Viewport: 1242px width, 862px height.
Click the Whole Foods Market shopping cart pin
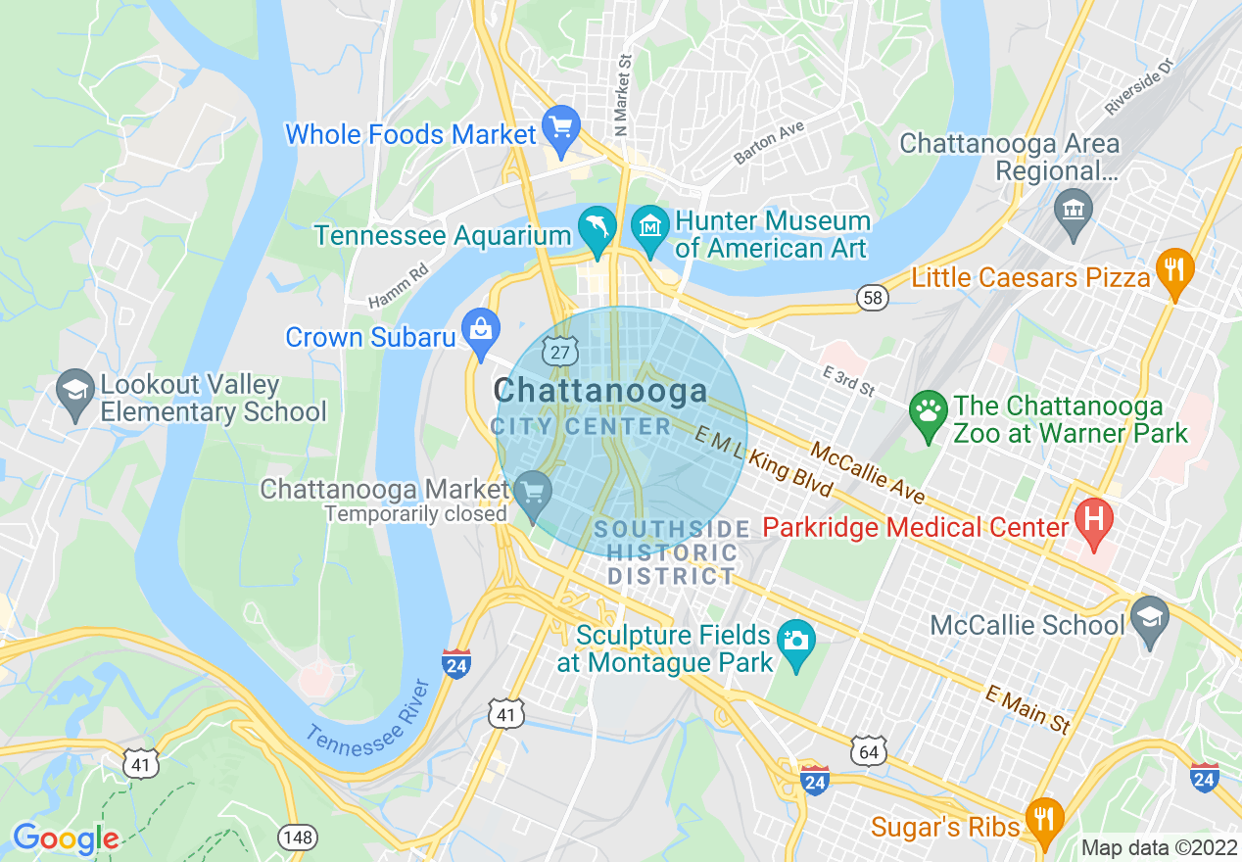561,128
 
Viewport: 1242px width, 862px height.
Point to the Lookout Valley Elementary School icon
75,391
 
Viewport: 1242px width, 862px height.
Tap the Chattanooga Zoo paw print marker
927,411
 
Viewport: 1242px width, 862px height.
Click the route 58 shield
872,297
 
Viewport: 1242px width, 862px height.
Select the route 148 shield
296,837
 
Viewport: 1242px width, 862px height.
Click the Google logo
66,838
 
